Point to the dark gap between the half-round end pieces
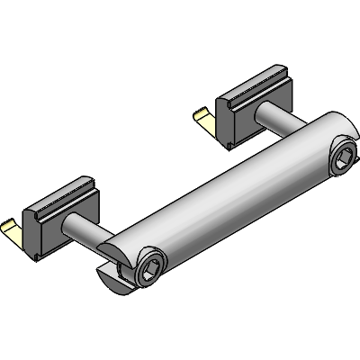[x=112, y=266]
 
